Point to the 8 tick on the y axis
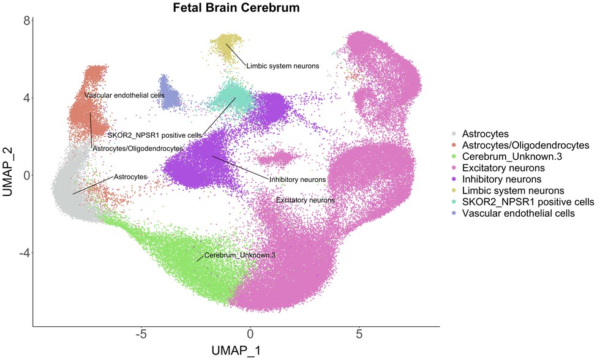pyautogui.click(x=26, y=20)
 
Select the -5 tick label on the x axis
pyautogui.click(x=141, y=335)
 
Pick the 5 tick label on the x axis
pyautogui.click(x=359, y=335)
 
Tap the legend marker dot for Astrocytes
pyautogui.click(x=454, y=133)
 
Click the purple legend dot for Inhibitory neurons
pyautogui.click(x=454, y=179)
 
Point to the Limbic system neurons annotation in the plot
pyautogui.click(x=282, y=66)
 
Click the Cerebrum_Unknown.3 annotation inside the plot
pyautogui.click(x=240, y=255)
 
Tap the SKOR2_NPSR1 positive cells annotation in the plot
pyautogui.click(x=155, y=135)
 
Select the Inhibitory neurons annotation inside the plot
pyautogui.click(x=297, y=179)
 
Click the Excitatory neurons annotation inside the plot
pyautogui.click(x=305, y=200)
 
